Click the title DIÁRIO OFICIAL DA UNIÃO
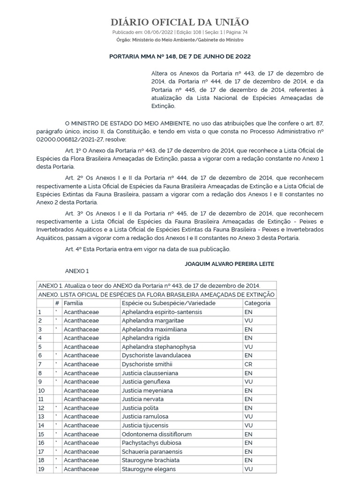point(180,22)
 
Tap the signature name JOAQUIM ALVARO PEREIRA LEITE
point(230,264)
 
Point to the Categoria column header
point(257,303)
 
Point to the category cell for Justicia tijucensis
point(248,425)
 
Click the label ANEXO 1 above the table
point(76,271)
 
